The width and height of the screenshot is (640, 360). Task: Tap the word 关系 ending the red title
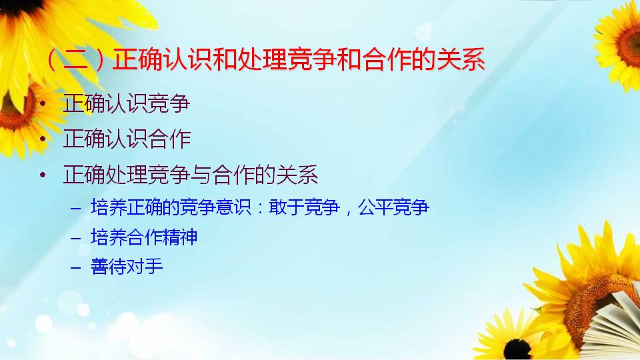[461, 59]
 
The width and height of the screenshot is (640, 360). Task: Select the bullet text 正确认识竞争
[127, 103]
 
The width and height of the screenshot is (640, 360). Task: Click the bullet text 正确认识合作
[127, 139]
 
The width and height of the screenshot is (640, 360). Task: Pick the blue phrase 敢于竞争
[304, 207]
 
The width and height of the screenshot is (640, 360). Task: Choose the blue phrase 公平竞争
[393, 207]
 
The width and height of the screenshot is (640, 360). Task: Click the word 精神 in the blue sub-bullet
[179, 237]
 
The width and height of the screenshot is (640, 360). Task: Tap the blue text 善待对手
[127, 267]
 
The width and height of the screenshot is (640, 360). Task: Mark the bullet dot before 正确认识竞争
[43, 104]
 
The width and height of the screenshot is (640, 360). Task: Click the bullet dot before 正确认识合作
[43, 139]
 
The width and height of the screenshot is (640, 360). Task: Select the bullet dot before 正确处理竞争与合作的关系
[43, 175]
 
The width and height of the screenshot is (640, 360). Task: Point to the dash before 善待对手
[76, 268]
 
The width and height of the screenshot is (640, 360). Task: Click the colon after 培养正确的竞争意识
[260, 208]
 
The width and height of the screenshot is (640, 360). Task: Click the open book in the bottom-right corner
[612, 327]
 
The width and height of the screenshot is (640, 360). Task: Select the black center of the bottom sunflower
[517, 349]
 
